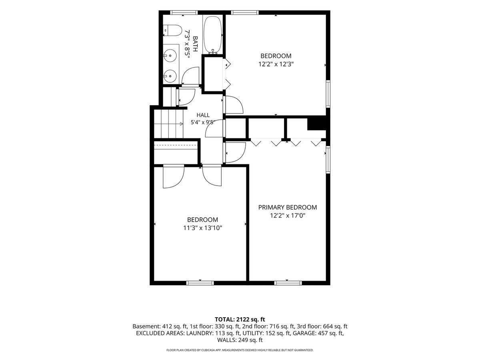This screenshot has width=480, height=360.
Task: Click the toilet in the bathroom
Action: pyautogui.click(x=172, y=31)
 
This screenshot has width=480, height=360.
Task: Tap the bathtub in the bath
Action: pyautogui.click(x=212, y=34)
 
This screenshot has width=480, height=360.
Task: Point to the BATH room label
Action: pyautogui.click(x=195, y=44)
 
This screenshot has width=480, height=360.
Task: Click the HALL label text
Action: pyautogui.click(x=203, y=115)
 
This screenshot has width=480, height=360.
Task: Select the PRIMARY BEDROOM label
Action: pyautogui.click(x=287, y=207)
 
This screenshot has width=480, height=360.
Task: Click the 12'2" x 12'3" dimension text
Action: pyautogui.click(x=276, y=64)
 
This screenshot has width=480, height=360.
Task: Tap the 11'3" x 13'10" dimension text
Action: pyautogui.click(x=202, y=228)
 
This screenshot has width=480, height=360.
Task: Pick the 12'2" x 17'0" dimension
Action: pyautogui.click(x=287, y=216)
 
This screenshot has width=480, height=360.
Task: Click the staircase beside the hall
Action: pyautogui.click(x=168, y=124)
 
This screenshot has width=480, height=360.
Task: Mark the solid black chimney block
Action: pyautogui.click(x=317, y=124)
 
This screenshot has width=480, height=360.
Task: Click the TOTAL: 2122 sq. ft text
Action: pyautogui.click(x=240, y=320)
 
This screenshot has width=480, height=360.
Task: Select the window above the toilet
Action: pyautogui.click(x=184, y=13)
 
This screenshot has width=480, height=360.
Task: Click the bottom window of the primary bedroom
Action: pyautogui.click(x=288, y=283)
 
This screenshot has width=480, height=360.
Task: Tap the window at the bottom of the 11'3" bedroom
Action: pyautogui.click(x=200, y=283)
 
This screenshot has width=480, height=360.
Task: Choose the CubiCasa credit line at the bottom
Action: pyautogui.click(x=240, y=350)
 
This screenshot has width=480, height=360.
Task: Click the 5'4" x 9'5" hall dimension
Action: pyautogui.click(x=203, y=122)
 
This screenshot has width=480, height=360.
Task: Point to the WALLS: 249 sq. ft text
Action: pyautogui.click(x=240, y=340)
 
